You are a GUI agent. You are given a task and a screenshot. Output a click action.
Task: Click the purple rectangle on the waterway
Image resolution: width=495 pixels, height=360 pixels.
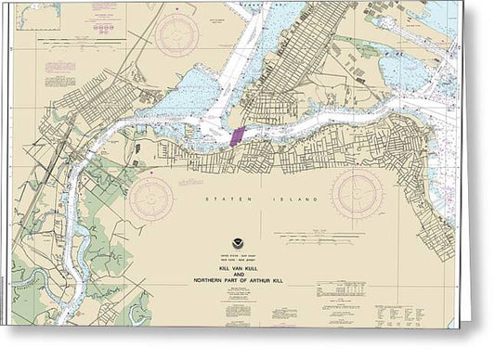[237, 135]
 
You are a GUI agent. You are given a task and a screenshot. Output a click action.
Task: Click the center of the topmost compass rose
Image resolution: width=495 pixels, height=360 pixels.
[177, 36]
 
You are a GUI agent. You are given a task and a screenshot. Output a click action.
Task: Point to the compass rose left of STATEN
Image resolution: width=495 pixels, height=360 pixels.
[151, 198]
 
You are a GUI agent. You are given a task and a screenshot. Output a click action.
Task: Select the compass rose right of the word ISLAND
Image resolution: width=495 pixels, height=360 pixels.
[358, 194]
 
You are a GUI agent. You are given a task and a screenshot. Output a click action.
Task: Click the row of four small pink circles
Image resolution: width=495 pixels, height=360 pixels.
[103, 29]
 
